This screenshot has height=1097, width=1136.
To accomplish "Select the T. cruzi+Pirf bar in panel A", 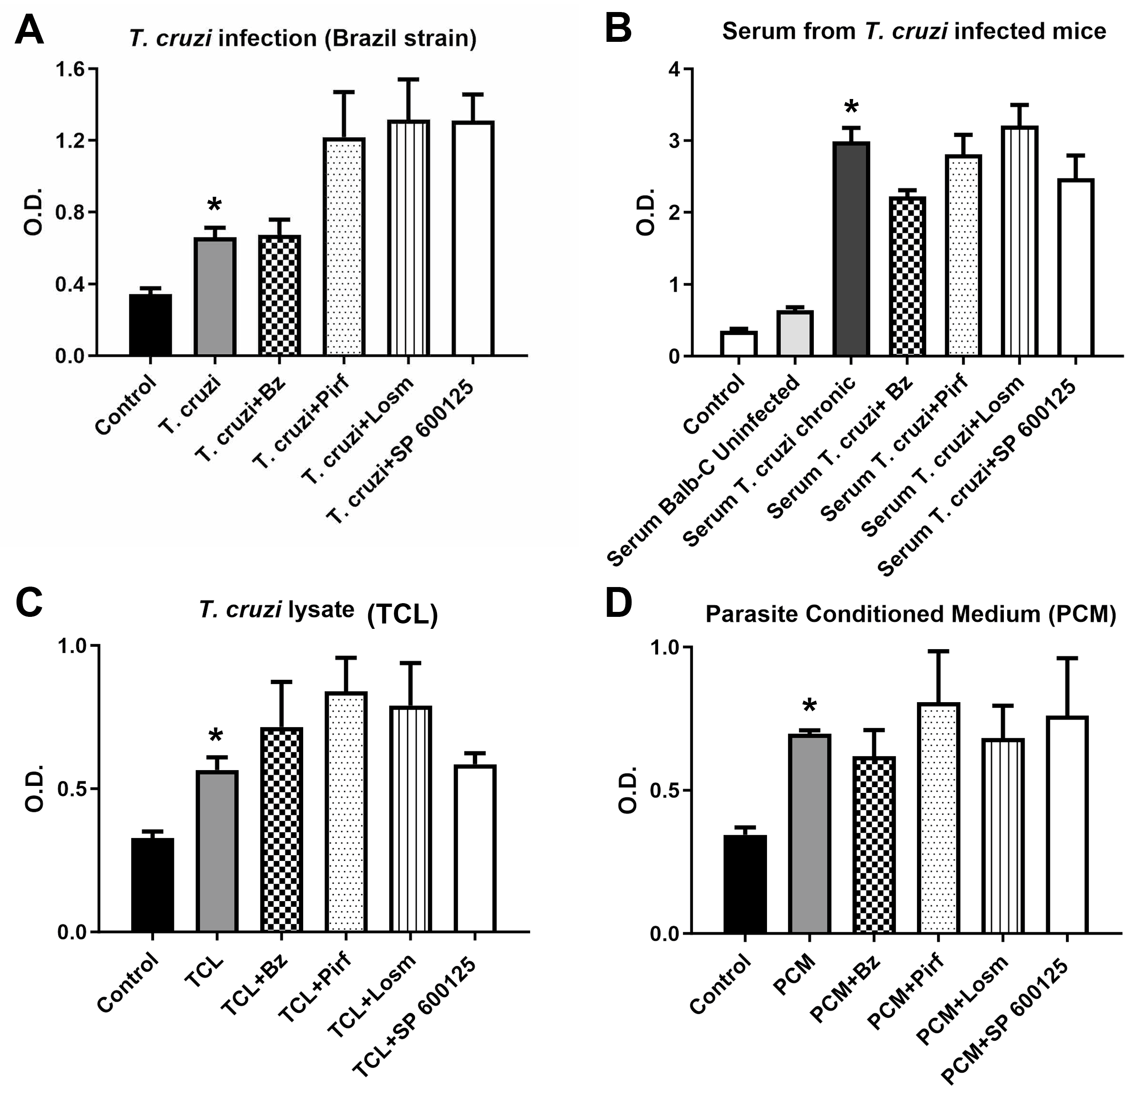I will click(x=344, y=246).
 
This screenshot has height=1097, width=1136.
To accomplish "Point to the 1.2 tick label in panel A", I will click(x=70, y=141).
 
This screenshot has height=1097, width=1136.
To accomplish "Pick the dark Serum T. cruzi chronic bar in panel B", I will click(x=851, y=249).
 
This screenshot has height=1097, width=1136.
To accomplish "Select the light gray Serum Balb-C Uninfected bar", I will click(x=795, y=333).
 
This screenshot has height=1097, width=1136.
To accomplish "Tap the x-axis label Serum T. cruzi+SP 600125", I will click(x=979, y=476).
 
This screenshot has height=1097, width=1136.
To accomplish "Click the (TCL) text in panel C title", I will click(x=402, y=615).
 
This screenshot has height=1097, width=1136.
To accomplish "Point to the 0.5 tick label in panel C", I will click(x=72, y=788).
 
